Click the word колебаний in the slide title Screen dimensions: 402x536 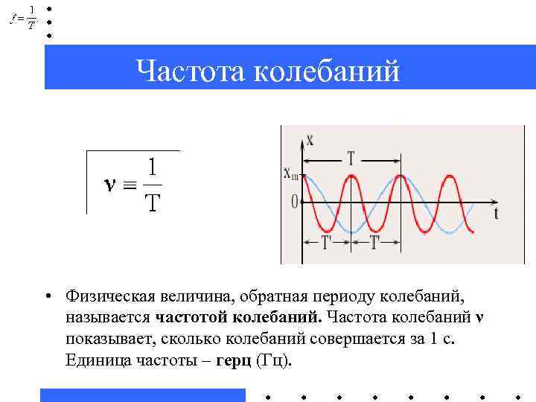click(328, 71)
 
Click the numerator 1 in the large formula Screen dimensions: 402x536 click(152, 167)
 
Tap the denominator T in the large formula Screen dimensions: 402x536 click(152, 202)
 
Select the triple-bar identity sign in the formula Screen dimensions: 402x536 click(130, 185)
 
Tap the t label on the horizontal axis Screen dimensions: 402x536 click(496, 213)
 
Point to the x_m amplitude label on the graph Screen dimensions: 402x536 click(291, 174)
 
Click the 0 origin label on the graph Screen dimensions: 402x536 click(295, 201)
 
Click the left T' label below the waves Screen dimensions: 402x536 click(326, 243)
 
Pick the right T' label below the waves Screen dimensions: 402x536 click(374, 243)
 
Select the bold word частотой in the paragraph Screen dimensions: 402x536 click(192, 318)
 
